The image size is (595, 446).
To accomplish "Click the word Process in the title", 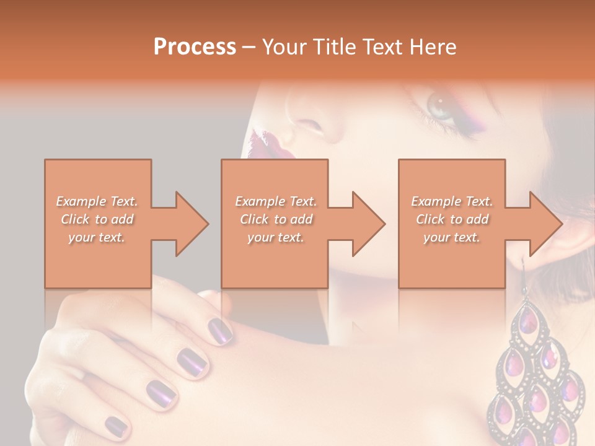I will [x=195, y=47].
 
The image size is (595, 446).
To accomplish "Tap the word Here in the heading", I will [x=433, y=47].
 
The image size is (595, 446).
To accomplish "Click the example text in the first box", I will [x=97, y=219].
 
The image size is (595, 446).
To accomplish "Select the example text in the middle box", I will [x=275, y=219].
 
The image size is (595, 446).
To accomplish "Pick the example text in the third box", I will [x=451, y=219].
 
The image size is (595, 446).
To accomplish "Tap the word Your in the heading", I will [x=284, y=47].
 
